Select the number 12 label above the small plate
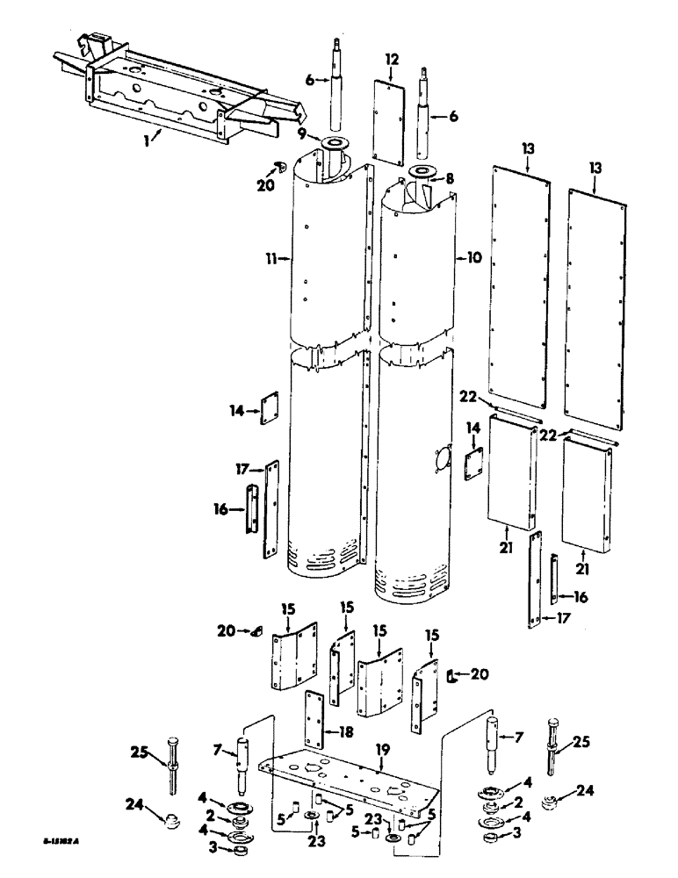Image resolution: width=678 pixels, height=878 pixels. pos(391,60)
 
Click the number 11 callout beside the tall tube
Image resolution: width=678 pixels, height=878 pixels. pos(273,258)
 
